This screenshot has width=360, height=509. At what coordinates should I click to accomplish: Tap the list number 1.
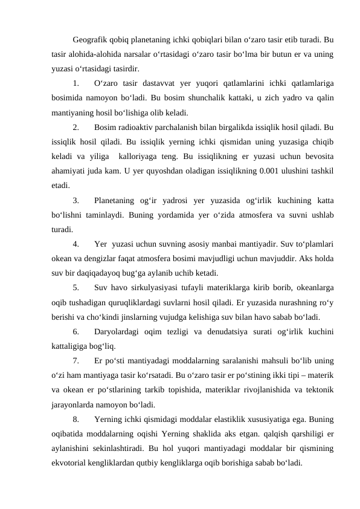click(76, 83)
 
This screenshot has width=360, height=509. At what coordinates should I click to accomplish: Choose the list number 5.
click(76, 288)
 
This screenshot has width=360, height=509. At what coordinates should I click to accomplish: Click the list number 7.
click(76, 361)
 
